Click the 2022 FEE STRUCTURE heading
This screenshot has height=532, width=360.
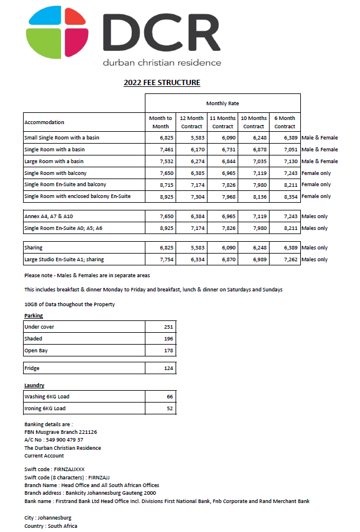(x=161, y=83)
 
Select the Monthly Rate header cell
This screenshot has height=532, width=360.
(x=222, y=103)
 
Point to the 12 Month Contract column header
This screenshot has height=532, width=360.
(x=192, y=122)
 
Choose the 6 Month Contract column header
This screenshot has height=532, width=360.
(x=284, y=122)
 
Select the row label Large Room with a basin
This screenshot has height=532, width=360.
(x=54, y=161)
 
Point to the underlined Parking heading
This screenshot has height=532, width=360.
(x=33, y=316)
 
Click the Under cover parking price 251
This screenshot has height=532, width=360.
(x=168, y=327)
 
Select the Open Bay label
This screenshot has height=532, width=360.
(x=36, y=351)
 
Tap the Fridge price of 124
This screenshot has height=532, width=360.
(x=168, y=368)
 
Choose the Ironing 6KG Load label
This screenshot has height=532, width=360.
(x=45, y=408)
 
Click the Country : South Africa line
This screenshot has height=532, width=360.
(x=51, y=525)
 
